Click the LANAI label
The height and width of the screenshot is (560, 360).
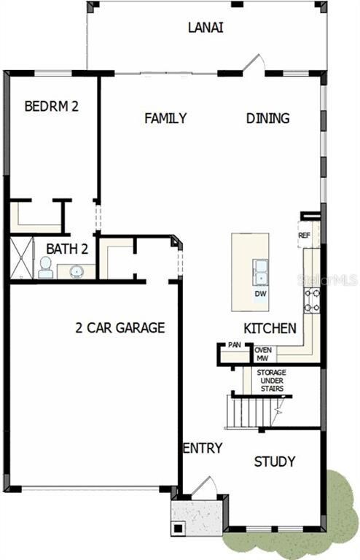coord(206,28)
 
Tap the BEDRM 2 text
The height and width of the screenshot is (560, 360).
coord(52,106)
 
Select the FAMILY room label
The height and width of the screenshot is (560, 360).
coord(165,118)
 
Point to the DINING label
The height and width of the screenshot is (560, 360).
coord(267,118)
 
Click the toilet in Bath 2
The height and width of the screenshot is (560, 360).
coord(46,268)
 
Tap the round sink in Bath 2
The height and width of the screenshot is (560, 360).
coord(76,271)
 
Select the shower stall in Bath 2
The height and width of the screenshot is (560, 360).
coord(21,257)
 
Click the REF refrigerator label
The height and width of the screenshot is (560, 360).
coord(305,236)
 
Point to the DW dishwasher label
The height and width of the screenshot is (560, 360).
coord(260,294)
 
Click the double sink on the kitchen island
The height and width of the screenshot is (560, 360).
coord(260,273)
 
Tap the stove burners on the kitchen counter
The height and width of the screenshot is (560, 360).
coord(312,300)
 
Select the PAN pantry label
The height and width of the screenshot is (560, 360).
coord(235,345)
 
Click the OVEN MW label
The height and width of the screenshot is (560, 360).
coord(263,354)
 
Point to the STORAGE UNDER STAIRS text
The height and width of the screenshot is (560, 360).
coord(272,381)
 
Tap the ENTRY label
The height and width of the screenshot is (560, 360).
coord(203,448)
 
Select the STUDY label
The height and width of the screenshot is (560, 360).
coord(275,462)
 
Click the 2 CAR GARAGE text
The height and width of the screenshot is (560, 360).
coord(120,327)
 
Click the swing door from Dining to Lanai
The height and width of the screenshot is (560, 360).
coord(254,64)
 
